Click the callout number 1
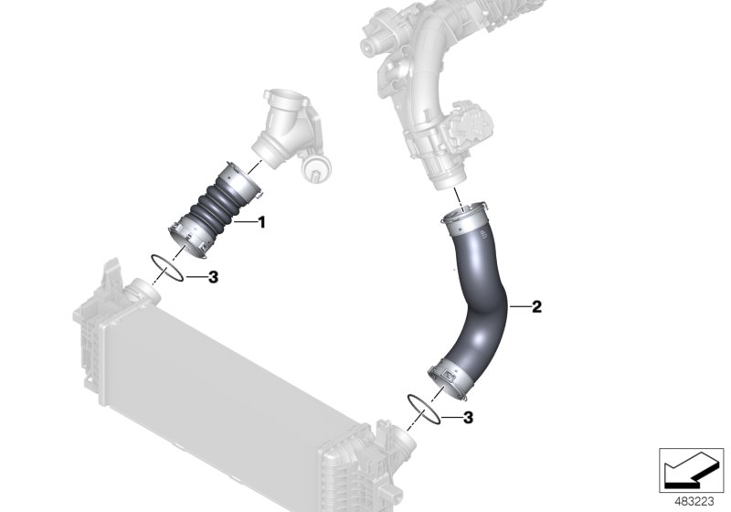click(260, 221)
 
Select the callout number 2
click(536, 307)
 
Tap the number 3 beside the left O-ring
click(213, 276)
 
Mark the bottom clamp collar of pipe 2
click(450, 377)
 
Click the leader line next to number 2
click(518, 307)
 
